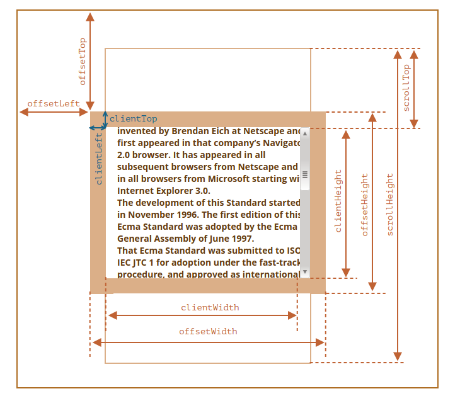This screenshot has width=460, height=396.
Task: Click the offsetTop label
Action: [x=83, y=62]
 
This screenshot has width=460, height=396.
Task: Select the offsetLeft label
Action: [x=54, y=103]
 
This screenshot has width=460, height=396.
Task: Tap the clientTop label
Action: [x=134, y=118]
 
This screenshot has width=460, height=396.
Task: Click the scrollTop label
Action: [x=406, y=88]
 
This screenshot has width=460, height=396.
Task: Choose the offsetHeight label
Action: [x=365, y=205]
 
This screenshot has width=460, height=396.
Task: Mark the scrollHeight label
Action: [x=390, y=205]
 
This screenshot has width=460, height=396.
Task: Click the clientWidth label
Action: [x=210, y=308]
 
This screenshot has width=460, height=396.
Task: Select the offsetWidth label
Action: [x=208, y=331]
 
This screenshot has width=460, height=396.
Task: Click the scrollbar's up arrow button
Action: [x=305, y=133]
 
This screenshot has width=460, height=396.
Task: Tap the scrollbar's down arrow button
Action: [x=305, y=273]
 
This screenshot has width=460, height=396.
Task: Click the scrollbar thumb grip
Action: [x=305, y=174]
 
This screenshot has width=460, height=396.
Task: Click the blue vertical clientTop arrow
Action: [x=105, y=118]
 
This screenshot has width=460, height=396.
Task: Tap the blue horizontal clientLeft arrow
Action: [x=98, y=128]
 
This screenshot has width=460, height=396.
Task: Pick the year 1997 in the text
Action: [x=240, y=238]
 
